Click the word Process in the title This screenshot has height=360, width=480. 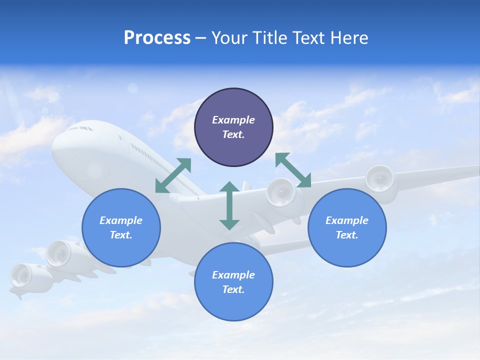click(x=157, y=38)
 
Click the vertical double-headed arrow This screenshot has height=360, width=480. click(x=229, y=205)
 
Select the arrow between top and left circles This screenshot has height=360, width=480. click(x=173, y=175)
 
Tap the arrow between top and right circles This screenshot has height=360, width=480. click(x=293, y=170)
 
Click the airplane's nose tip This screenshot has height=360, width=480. click(x=54, y=145)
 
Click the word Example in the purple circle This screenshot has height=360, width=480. click(x=233, y=120)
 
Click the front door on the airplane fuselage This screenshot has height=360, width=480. click(x=121, y=140)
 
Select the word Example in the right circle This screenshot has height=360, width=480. click(x=347, y=220)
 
